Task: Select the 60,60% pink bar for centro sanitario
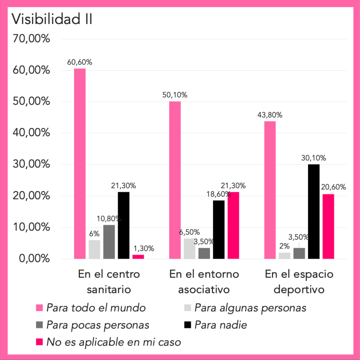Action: click(80, 164)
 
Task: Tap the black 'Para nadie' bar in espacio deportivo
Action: click(314, 211)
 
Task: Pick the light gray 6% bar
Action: click(94, 249)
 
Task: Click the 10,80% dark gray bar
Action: click(109, 242)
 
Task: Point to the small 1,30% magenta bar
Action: click(138, 257)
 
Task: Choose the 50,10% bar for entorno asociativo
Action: click(175, 180)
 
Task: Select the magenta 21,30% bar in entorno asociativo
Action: click(233, 225)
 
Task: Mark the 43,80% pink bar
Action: click(270, 190)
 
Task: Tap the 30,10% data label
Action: click(314, 157)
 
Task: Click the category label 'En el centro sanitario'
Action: click(109, 282)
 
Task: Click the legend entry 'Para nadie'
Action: click(222, 325)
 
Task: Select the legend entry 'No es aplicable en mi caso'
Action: click(113, 342)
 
